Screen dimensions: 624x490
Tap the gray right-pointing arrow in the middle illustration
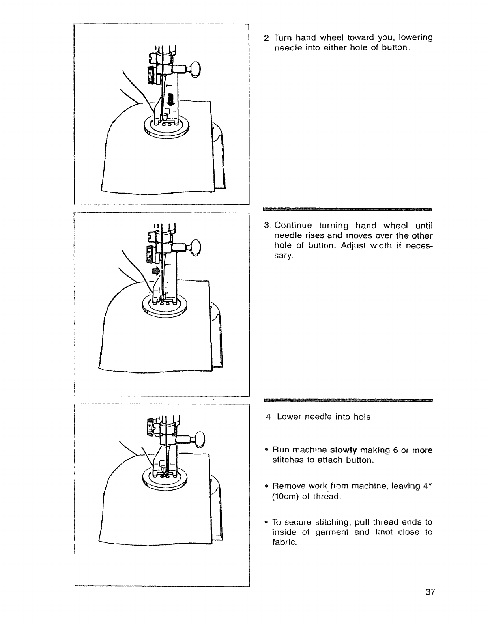157,271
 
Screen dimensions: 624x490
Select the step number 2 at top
266,38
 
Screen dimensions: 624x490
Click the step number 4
268,417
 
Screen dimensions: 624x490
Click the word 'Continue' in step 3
293,226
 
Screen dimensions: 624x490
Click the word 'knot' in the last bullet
391,532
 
